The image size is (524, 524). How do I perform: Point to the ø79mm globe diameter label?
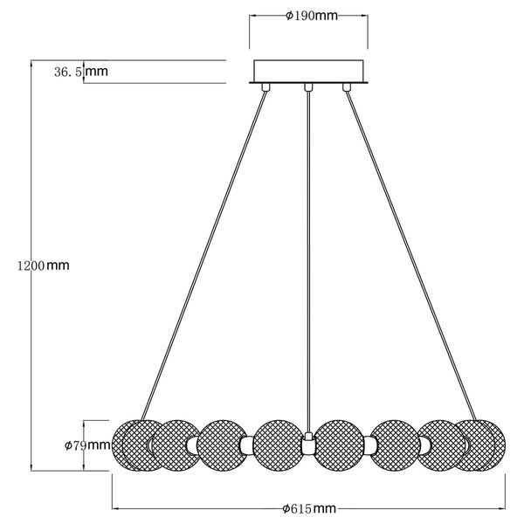pos(87,445)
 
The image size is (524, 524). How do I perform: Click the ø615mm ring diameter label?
pos(310,508)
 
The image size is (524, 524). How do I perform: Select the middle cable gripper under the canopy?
pos(307,86)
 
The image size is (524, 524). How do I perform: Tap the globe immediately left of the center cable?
pos(279,445)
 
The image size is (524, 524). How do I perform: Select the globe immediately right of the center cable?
pos(341,445)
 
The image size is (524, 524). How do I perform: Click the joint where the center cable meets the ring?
pos(307,443)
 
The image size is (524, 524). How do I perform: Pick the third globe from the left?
pos(224,445)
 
